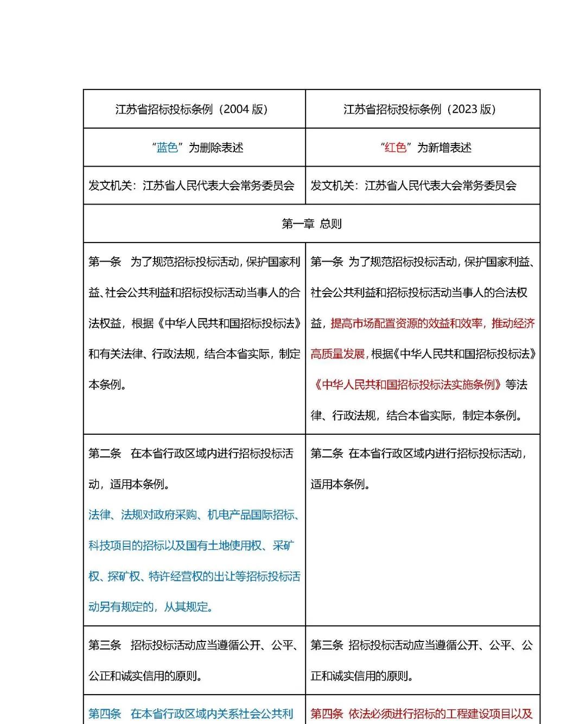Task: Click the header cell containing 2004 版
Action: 192,109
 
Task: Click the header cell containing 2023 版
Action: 419,109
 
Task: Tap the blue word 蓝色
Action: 167,148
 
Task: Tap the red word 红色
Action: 396,148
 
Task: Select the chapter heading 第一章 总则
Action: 311,224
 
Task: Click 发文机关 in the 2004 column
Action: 110,186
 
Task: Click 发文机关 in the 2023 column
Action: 332,186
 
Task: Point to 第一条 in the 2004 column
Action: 105,262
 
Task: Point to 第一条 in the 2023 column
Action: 327,262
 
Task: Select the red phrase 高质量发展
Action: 337,354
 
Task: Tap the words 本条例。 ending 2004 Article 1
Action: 107,385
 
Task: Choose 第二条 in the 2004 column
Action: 105,454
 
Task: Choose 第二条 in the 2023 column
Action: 327,454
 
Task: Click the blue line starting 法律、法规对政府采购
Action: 194,515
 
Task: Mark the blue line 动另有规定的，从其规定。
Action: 151,607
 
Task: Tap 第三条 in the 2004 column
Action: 105,645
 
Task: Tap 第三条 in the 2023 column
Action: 327,645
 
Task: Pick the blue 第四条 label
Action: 105,714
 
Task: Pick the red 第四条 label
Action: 327,714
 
